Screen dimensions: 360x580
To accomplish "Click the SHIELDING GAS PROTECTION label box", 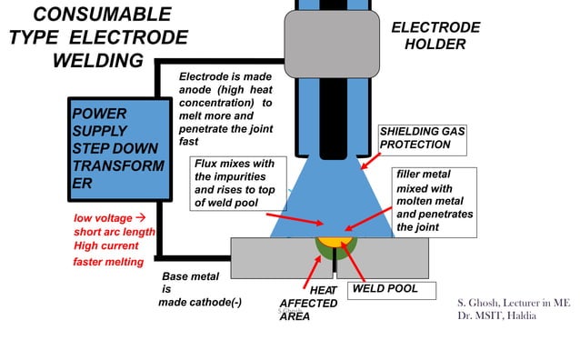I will click(422, 138).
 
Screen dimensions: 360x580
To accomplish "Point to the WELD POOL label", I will click(385, 288).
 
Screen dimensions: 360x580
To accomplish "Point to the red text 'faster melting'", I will click(108, 262).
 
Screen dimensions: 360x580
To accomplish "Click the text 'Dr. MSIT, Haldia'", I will click(495, 315).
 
